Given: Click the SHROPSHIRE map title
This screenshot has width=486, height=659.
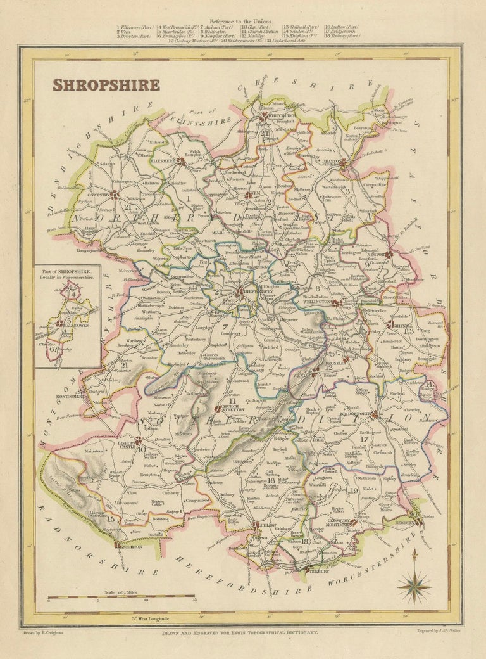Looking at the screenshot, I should (x=106, y=84).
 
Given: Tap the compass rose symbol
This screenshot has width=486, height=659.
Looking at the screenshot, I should (x=414, y=586).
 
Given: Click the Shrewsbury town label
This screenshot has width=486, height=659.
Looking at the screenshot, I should (x=253, y=293).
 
